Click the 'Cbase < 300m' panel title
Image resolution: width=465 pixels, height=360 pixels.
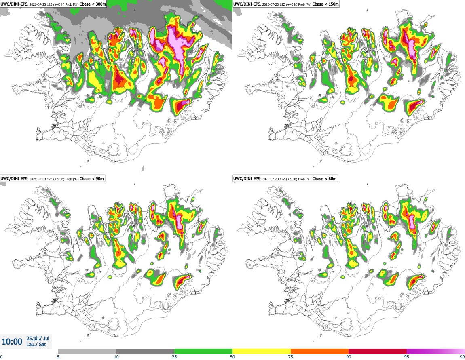(x=93, y=4)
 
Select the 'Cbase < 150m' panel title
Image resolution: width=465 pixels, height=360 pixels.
(x=325, y=4)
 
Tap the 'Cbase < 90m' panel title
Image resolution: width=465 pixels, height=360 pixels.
(x=92, y=179)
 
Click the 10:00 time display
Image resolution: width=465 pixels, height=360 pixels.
(x=12, y=342)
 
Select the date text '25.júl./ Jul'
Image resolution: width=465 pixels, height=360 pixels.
(x=38, y=338)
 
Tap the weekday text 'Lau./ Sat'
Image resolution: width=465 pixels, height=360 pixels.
(x=36, y=345)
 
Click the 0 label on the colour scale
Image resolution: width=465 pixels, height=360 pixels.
(x=2, y=357)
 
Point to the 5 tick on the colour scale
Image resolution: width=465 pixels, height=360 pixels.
(x=58, y=357)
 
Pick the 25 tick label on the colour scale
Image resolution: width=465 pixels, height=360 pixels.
(x=174, y=357)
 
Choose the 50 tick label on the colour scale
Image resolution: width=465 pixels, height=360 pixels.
(x=232, y=357)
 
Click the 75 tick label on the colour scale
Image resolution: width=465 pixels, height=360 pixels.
(x=291, y=357)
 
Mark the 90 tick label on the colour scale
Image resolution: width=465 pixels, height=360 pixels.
(x=349, y=357)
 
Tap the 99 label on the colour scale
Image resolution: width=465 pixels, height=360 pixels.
(x=462, y=357)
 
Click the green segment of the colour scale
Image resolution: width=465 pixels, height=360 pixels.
(x=203, y=352)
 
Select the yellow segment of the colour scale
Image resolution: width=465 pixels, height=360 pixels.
(x=262, y=352)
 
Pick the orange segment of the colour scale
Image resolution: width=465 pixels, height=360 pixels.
(x=320, y=352)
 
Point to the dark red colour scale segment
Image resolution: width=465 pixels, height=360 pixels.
(x=378, y=352)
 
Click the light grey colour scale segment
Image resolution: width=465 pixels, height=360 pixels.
(x=87, y=352)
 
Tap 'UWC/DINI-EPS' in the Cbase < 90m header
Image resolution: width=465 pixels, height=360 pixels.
(x=14, y=179)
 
